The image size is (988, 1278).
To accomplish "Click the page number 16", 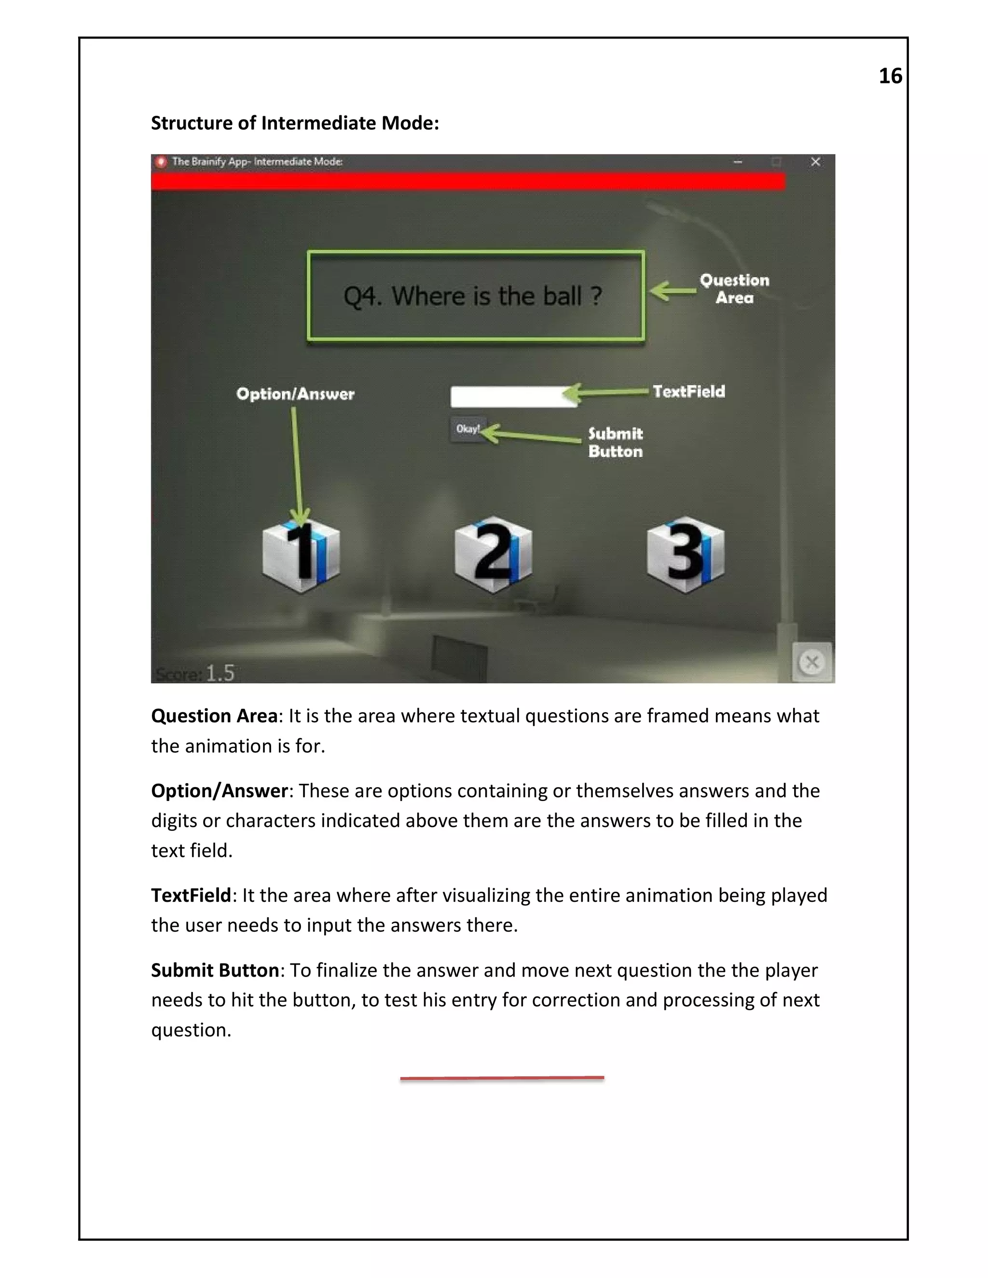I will pos(890,76).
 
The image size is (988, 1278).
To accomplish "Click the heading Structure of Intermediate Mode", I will pos(294,123).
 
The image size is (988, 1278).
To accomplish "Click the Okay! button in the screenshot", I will pos(467,429).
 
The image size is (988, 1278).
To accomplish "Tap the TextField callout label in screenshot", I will pos(689,391).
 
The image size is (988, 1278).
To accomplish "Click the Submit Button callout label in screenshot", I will pos(615,442).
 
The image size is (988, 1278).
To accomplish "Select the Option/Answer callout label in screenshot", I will pos(295,394).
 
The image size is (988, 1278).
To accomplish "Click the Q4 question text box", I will pos(475,296).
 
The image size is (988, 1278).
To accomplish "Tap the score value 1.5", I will pos(220,673).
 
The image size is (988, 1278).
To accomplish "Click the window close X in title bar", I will pos(815,162).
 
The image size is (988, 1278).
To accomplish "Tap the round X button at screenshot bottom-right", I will pos(812,663).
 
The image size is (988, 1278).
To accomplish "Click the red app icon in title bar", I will pos(160,162).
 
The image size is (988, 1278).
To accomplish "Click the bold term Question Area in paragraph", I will pos(214,716).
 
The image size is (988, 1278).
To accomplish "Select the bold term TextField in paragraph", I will pos(191,895).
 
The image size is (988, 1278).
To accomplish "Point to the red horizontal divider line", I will pos(502,1077).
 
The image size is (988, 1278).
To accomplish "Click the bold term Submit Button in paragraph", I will pos(215,970).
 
